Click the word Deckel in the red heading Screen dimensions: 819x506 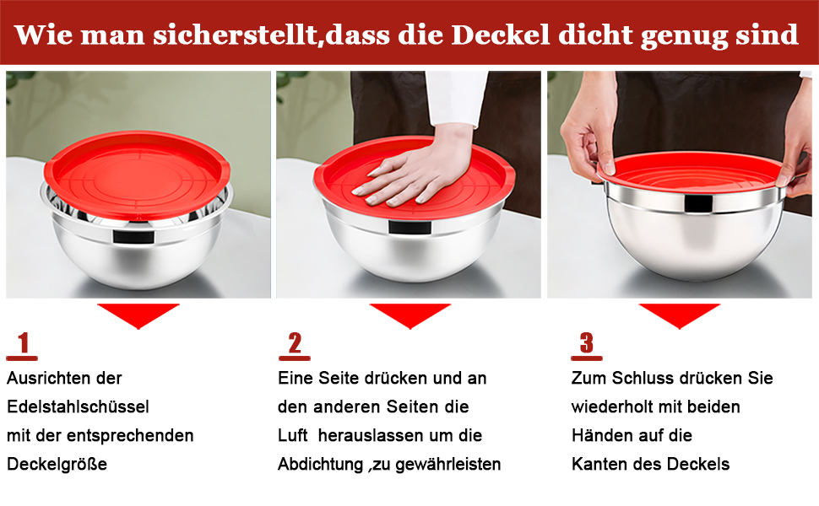(501, 35)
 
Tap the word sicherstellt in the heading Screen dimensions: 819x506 (235, 35)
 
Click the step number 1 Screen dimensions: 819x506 (23, 343)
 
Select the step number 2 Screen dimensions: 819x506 (296, 343)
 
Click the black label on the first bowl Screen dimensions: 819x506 (134, 236)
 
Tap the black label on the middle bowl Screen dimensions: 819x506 (410, 228)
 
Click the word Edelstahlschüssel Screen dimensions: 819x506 (78, 406)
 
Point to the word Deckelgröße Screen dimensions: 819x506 (57, 464)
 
